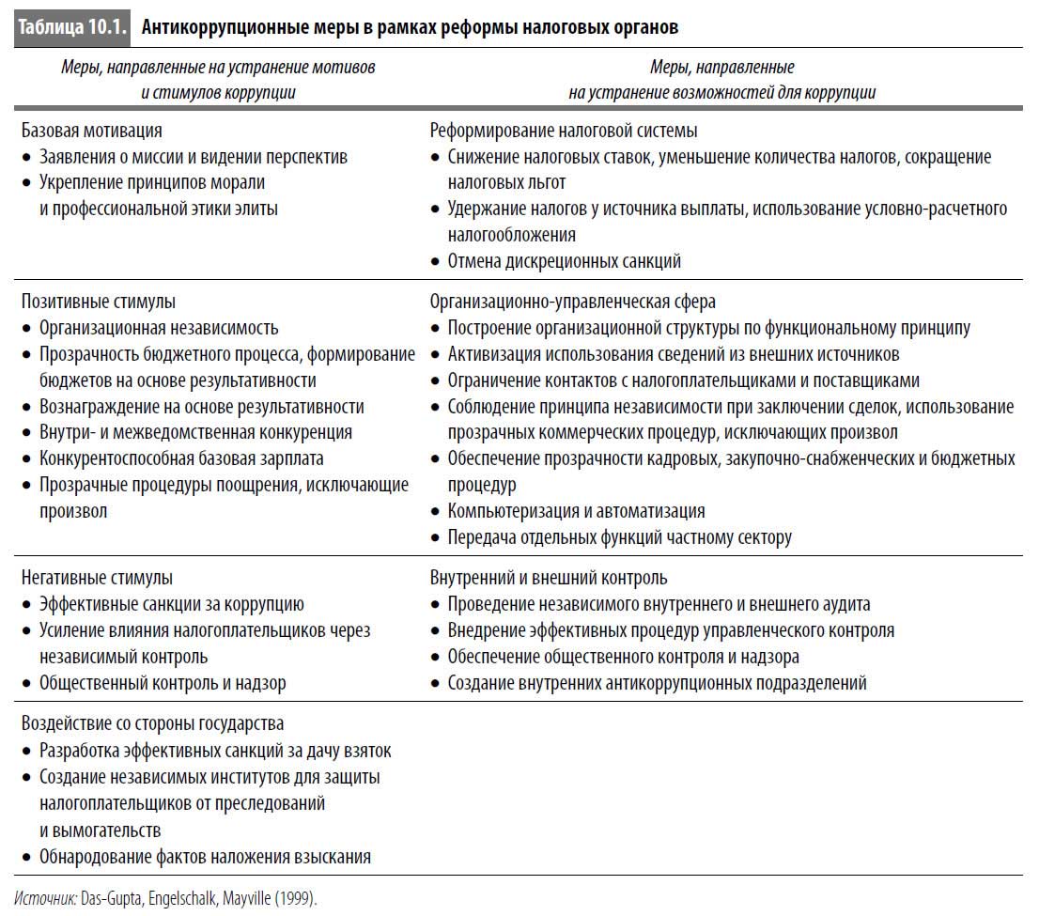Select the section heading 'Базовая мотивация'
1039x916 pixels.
[91, 131]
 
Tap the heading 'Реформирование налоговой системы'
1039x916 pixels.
[563, 131]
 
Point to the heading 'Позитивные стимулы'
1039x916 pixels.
[98, 302]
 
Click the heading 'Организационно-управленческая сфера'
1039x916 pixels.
[572, 302]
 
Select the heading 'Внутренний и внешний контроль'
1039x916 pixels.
[549, 578]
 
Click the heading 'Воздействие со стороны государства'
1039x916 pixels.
[152, 723]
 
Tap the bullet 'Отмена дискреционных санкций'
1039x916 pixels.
[564, 261]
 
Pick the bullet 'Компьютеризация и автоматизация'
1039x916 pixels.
[576, 511]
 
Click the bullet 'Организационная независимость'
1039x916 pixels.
[158, 328]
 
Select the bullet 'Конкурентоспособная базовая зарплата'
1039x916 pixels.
[180, 458]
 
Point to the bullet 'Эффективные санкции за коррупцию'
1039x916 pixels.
[171, 604]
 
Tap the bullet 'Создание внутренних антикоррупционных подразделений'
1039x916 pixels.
[657, 683]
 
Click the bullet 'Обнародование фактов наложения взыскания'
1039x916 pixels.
[205, 856]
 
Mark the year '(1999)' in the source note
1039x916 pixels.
[296, 898]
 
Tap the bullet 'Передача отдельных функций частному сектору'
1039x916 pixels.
[619, 537]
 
